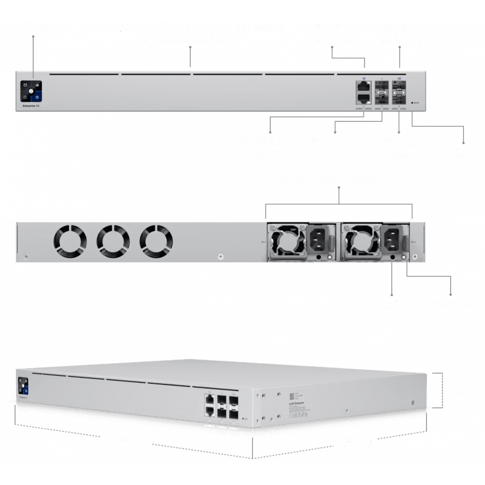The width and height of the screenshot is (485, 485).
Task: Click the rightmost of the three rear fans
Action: pos(156,240)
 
